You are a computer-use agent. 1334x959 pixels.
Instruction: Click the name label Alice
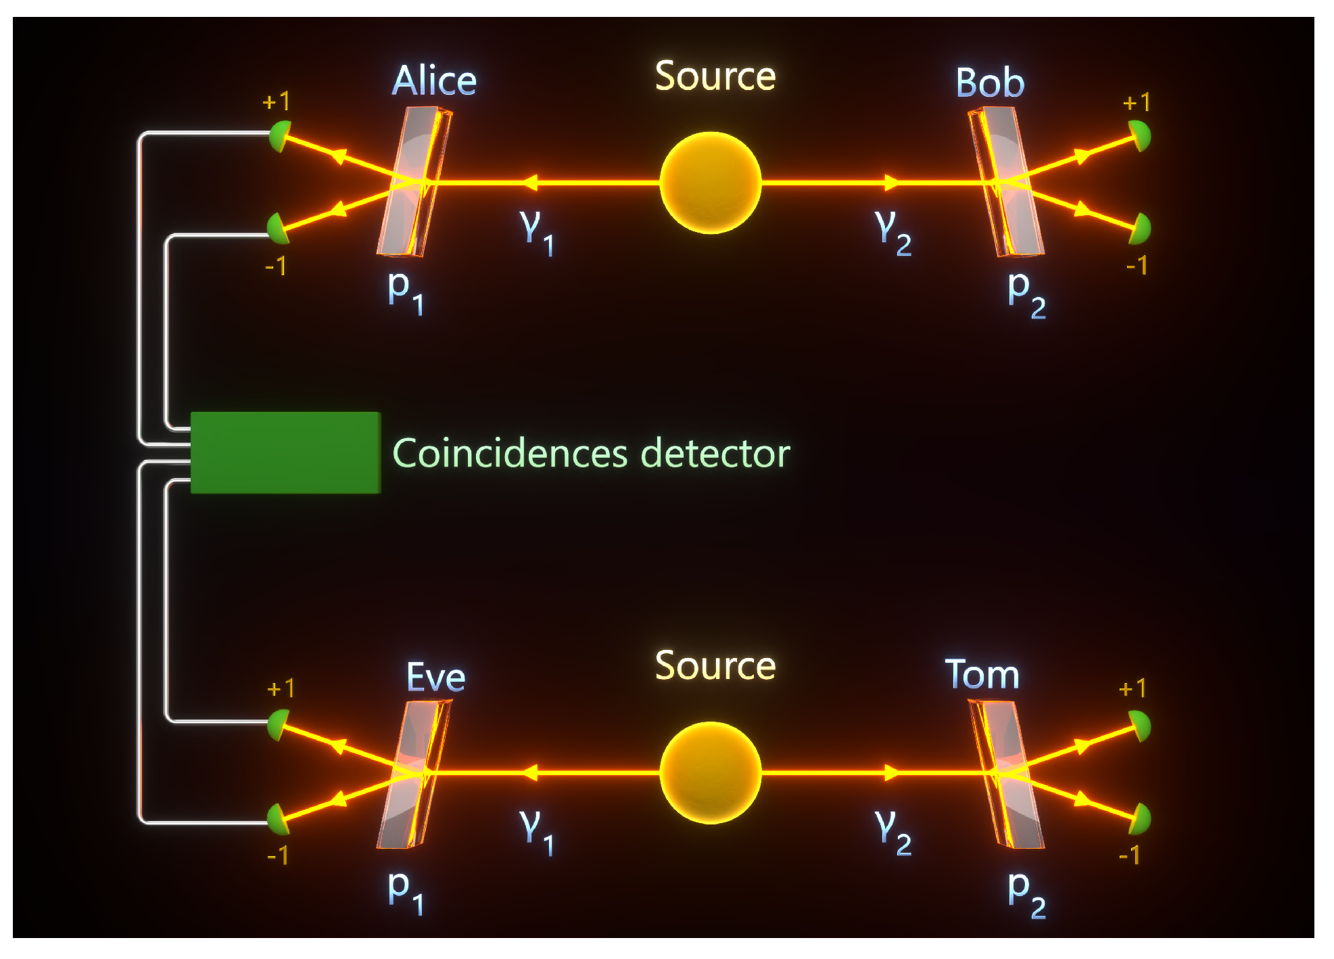pyautogui.click(x=435, y=81)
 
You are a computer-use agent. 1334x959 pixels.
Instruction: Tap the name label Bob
pyautogui.click(x=990, y=83)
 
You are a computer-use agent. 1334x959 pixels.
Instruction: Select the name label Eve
pyautogui.click(x=436, y=677)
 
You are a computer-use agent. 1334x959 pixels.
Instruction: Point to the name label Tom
pyautogui.click(x=982, y=674)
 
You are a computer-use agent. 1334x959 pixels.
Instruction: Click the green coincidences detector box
pyautogui.click(x=285, y=452)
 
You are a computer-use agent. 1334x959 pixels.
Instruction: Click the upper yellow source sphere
pyautogui.click(x=711, y=183)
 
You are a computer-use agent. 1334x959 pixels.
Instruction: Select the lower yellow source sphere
pyautogui.click(x=711, y=773)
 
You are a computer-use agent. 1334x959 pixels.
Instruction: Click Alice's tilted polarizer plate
pyautogui.click(x=414, y=182)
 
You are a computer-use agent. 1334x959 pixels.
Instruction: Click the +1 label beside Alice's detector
pyautogui.click(x=276, y=101)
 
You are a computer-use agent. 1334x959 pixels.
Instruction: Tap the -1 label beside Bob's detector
pyautogui.click(x=1137, y=265)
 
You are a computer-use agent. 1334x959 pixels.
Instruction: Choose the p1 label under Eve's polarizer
pyautogui.click(x=406, y=891)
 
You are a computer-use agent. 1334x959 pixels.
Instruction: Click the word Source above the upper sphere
pyautogui.click(x=715, y=76)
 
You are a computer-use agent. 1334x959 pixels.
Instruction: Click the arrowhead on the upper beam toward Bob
pyautogui.click(x=892, y=183)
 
